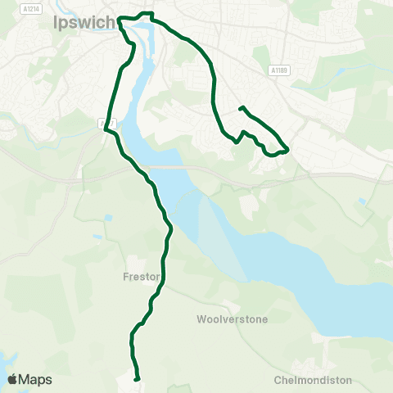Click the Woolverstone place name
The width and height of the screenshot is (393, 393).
click(x=233, y=318)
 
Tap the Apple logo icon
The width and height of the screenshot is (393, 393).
click(x=12, y=379)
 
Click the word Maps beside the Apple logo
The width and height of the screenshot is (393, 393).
click(x=35, y=380)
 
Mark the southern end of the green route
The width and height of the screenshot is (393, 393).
click(x=137, y=377)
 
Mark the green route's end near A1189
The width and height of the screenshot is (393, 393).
click(x=240, y=108)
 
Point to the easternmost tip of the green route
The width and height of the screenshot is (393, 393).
click(x=288, y=150)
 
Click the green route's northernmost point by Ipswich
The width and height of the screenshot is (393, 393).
click(x=147, y=13)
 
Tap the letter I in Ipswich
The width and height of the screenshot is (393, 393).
click(x=55, y=23)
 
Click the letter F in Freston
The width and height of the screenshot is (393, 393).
click(x=125, y=278)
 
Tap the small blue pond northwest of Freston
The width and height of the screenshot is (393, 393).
click(x=97, y=238)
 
